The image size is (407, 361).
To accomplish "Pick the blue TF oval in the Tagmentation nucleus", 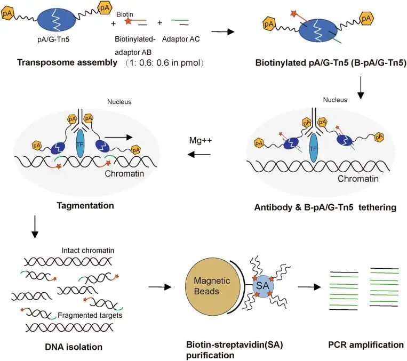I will pos(81,143).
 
